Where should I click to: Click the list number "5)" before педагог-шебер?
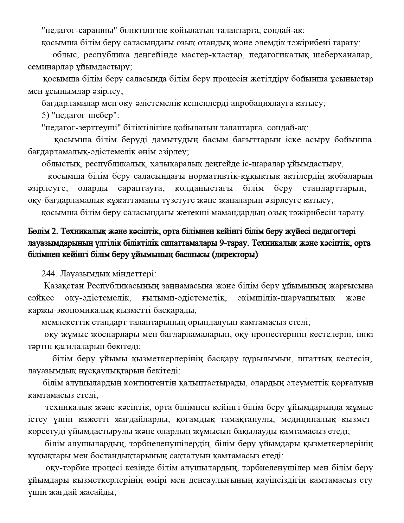pos(45,115)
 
